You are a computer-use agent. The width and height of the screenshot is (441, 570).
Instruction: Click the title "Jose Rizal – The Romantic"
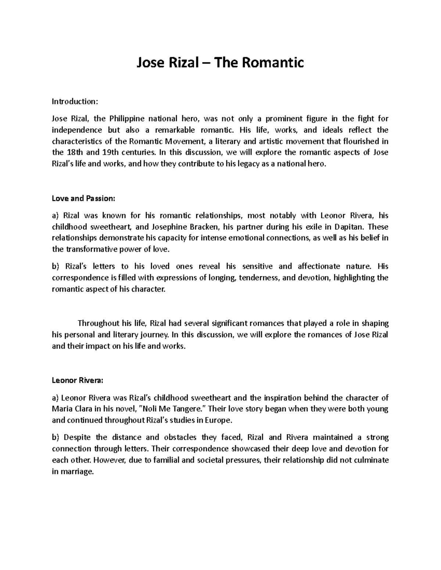220,63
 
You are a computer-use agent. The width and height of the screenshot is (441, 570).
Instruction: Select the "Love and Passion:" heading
83,199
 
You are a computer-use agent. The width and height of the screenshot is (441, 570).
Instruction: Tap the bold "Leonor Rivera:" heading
78,381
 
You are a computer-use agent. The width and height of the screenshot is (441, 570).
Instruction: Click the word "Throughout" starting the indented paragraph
99,323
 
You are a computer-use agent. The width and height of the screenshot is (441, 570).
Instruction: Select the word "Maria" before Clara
62,409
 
